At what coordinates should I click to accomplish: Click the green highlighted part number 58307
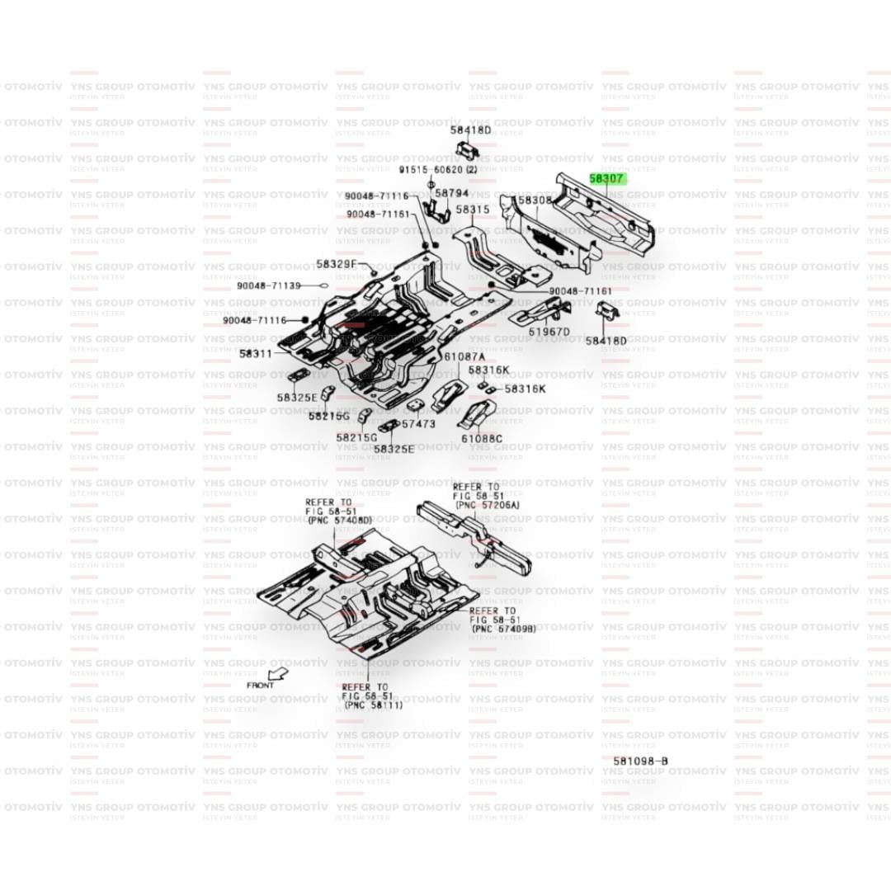coord(607,177)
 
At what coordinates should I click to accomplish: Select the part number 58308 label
coord(534,200)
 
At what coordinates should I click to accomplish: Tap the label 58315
coord(473,210)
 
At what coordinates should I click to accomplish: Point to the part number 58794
coord(451,194)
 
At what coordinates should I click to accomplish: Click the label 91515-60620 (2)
coord(438,169)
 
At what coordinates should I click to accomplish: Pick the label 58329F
coord(336,265)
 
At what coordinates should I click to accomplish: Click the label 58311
coord(256,353)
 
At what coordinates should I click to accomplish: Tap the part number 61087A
coord(464,356)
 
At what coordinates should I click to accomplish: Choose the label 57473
coord(418,423)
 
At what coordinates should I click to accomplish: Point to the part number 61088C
coord(482,438)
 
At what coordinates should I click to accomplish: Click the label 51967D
coord(549,332)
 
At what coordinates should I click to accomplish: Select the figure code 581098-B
coord(640,761)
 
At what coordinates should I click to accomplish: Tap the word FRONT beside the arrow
coord(260,686)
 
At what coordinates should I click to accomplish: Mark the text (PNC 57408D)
coord(339,521)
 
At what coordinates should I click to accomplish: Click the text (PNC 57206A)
coord(488,504)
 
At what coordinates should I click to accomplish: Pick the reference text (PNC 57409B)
coord(502,629)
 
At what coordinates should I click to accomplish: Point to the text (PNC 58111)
coord(373,705)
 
